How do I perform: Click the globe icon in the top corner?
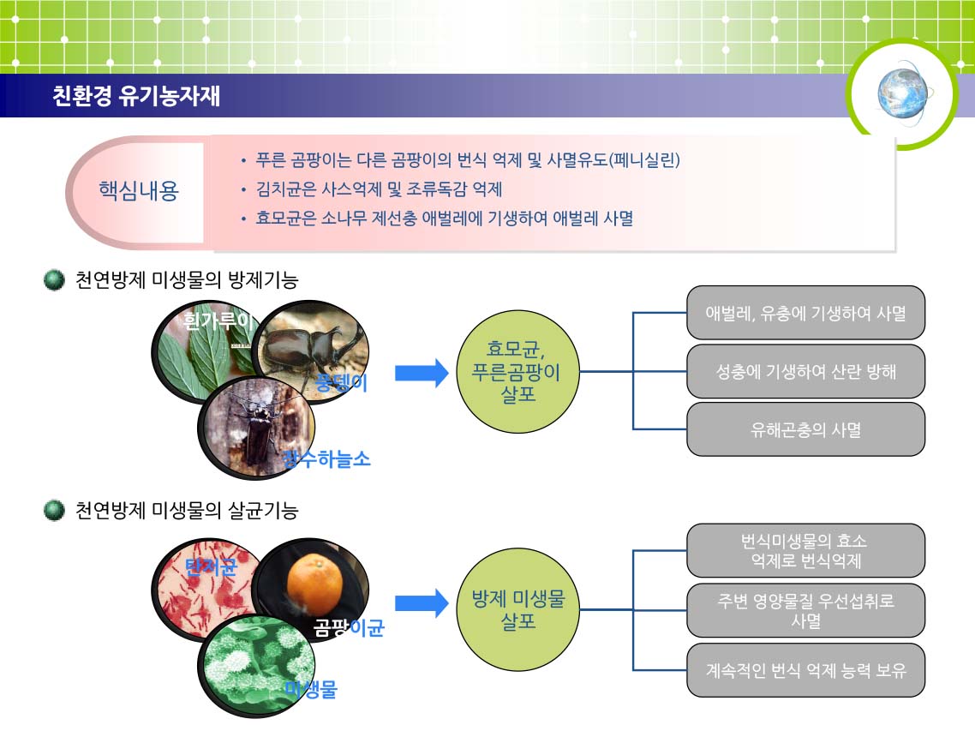[x=903, y=93]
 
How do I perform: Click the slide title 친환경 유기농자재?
[x=136, y=96]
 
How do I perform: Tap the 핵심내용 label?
[x=139, y=189]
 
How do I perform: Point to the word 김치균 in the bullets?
[x=279, y=189]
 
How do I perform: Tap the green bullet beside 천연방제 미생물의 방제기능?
[x=54, y=280]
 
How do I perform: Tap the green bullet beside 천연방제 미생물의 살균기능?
[x=54, y=510]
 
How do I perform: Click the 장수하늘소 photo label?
[x=326, y=459]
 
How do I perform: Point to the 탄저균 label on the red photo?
[x=212, y=566]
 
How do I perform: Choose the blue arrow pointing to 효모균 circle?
[x=422, y=373]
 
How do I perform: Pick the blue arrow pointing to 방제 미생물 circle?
[x=422, y=602]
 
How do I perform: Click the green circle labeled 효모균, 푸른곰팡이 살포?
[x=517, y=371]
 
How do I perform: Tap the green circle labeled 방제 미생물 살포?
[x=517, y=609]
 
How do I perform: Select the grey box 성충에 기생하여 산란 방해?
[x=806, y=371]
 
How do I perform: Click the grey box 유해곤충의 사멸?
[x=806, y=429]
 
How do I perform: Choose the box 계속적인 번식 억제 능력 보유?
[x=806, y=670]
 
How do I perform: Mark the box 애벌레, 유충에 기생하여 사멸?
[x=806, y=313]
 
